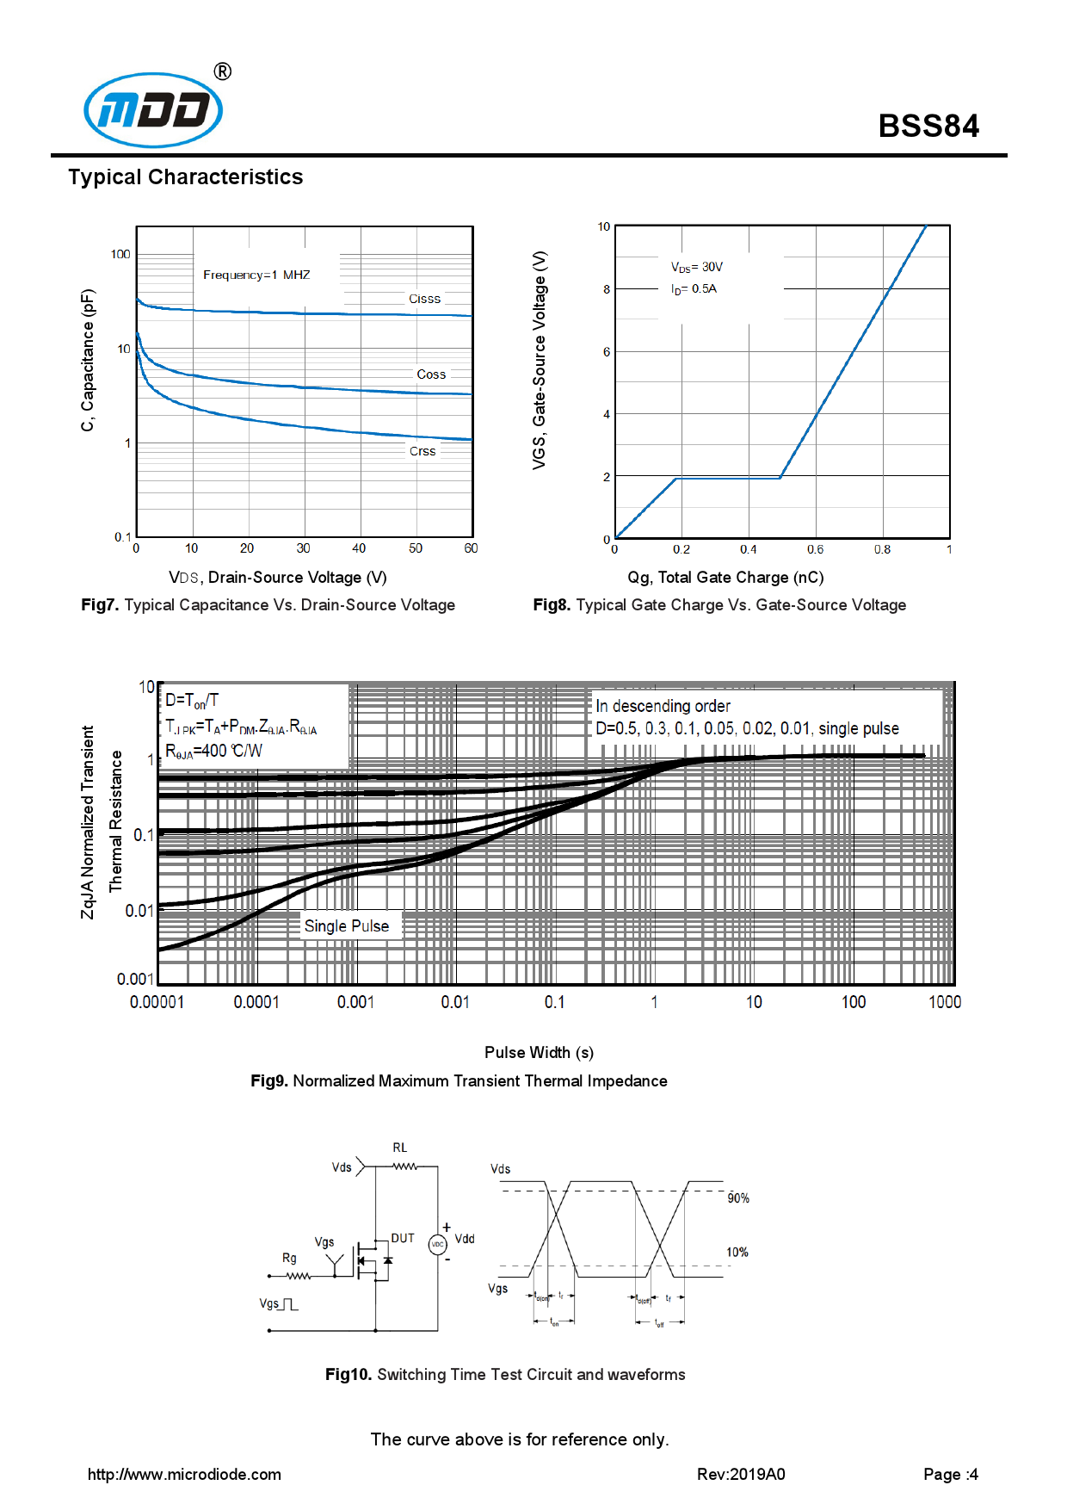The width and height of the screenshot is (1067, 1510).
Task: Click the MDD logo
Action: tap(153, 110)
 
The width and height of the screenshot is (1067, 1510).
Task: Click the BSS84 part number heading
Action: tap(928, 127)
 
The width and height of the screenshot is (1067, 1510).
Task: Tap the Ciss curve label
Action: tap(424, 299)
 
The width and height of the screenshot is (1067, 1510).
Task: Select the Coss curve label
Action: tap(431, 374)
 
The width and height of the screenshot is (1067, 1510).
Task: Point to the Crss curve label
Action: tap(422, 451)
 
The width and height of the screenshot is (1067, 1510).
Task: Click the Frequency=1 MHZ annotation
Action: tap(256, 275)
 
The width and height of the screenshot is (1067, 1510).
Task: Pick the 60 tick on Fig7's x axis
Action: tap(471, 548)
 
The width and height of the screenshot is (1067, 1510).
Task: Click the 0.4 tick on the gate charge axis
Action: tap(749, 549)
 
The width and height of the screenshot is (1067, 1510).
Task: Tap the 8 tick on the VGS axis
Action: tap(607, 289)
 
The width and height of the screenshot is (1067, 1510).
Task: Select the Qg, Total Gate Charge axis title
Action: tap(725, 578)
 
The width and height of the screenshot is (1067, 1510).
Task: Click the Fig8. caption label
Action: tap(551, 605)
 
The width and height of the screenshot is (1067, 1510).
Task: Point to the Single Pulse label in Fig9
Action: tap(347, 926)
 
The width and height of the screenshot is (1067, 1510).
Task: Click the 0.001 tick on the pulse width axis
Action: tap(355, 1002)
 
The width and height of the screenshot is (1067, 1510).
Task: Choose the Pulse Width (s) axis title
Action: tap(539, 1053)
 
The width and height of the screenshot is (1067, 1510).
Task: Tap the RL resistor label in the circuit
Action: tap(400, 1148)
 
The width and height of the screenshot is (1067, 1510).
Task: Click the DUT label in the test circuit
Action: tap(403, 1238)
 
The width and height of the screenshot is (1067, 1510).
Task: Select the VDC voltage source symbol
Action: tap(438, 1245)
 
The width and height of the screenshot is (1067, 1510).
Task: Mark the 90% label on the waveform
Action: tap(738, 1198)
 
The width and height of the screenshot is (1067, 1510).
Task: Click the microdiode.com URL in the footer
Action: tap(184, 1475)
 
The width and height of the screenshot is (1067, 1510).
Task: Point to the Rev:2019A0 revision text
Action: tap(741, 1475)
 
